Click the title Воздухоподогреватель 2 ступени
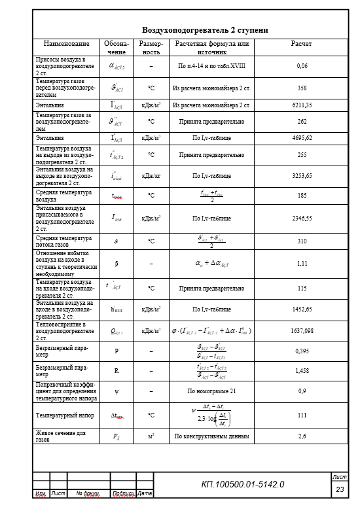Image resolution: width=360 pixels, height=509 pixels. click(x=205, y=30)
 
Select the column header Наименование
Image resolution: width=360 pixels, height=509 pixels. click(x=66, y=44)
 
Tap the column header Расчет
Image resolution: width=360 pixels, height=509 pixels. click(x=301, y=44)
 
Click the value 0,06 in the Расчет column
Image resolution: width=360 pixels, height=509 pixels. click(x=302, y=66)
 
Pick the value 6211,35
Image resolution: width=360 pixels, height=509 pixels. click(x=302, y=105)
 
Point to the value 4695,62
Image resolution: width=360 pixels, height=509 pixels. click(x=302, y=138)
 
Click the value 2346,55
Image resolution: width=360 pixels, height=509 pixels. click(x=302, y=218)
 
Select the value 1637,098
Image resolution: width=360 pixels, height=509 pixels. click(x=302, y=330)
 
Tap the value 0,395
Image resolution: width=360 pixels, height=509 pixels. click(x=302, y=351)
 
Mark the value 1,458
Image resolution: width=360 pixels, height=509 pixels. click(x=302, y=370)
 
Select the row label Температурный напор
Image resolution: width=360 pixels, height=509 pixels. click(x=63, y=415)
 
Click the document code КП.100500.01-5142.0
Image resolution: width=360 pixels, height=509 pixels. click(x=242, y=484)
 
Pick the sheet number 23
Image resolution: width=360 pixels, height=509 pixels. click(x=340, y=489)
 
